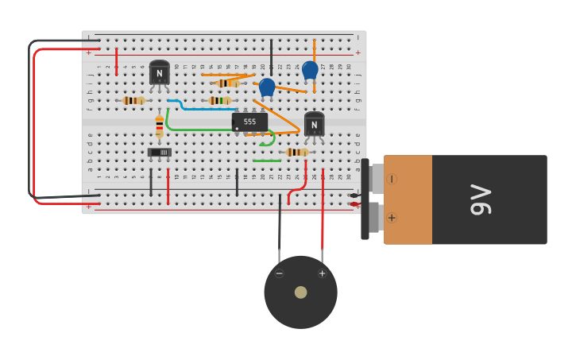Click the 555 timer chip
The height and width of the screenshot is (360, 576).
(x=249, y=122)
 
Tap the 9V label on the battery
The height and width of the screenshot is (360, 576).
(x=481, y=199)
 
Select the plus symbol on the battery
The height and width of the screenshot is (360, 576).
(x=392, y=217)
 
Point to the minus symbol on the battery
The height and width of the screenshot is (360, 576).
(x=392, y=179)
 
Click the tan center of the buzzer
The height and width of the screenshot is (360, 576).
(x=300, y=292)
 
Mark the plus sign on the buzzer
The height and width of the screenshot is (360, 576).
(x=322, y=273)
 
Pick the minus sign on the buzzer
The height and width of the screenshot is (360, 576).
(x=279, y=273)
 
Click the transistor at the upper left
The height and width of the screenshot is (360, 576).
(x=159, y=73)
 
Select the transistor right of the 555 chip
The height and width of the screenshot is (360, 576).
(x=314, y=124)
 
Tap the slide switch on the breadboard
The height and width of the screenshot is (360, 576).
(x=159, y=152)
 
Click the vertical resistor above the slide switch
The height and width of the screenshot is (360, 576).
(x=159, y=125)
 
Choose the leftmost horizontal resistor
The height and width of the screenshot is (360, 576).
(x=133, y=101)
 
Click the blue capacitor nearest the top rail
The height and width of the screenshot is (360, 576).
(x=310, y=70)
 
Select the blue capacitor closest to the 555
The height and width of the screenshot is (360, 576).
(x=267, y=86)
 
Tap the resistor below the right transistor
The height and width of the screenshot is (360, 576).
(x=297, y=152)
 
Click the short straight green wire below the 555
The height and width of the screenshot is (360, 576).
(x=267, y=161)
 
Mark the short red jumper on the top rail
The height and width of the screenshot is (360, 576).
(x=116, y=61)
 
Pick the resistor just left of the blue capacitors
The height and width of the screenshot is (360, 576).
(x=228, y=83)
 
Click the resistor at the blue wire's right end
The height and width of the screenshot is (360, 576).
(x=219, y=101)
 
